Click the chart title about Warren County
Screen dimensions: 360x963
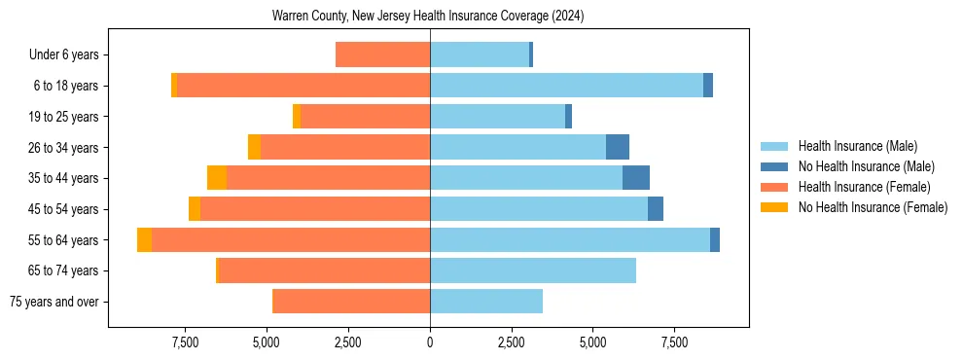429,17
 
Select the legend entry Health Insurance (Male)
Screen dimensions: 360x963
857,146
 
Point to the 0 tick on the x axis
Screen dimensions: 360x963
430,342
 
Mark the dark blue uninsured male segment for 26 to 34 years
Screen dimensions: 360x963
618,147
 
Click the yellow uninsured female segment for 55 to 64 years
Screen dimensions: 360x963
144,239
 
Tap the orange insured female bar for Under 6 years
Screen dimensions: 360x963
382,55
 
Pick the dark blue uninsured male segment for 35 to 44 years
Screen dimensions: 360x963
636,178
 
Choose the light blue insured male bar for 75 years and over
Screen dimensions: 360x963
486,302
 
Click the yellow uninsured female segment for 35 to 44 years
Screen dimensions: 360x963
217,178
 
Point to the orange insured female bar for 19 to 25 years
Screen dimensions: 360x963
365,117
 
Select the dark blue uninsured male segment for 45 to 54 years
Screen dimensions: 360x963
656,209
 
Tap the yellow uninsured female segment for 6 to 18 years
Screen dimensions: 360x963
174,86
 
